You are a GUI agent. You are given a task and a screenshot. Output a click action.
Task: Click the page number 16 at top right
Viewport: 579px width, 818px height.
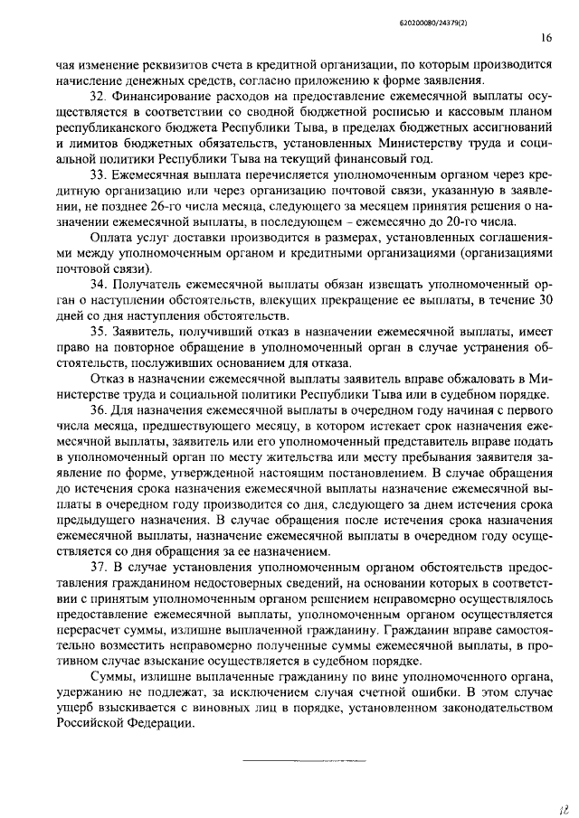click(x=546, y=38)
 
